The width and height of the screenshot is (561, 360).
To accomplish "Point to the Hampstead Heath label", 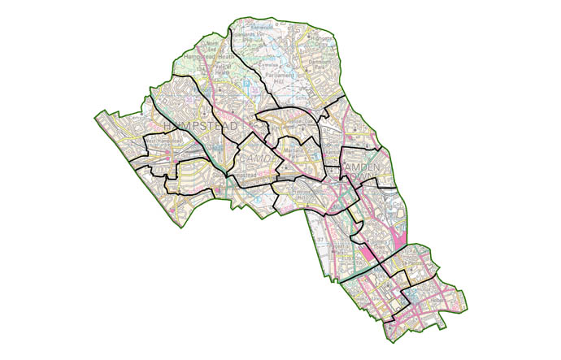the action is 209,57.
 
